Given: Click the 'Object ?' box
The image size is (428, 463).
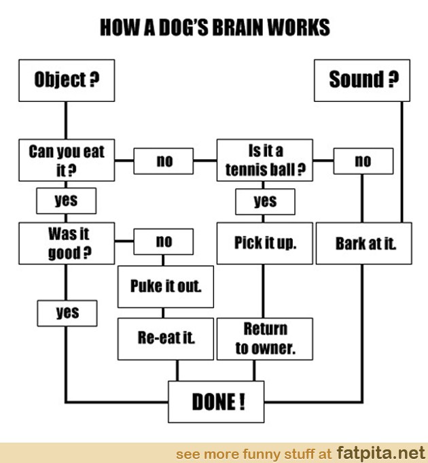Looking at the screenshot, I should pyautogui.click(x=66, y=80).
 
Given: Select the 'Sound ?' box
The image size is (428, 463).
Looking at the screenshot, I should pyautogui.click(x=363, y=80).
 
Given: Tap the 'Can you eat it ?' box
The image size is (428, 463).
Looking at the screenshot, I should pyautogui.click(x=66, y=160).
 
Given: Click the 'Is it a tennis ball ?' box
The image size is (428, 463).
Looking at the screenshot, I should pyautogui.click(x=264, y=160).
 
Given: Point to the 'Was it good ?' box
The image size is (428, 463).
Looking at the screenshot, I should pyautogui.click(x=66, y=243).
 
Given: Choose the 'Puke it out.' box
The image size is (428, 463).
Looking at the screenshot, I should pyautogui.click(x=165, y=286).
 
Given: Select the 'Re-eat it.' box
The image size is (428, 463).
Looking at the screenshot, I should pyautogui.click(x=165, y=338).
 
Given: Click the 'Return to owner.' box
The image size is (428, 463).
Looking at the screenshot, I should pyautogui.click(x=264, y=338).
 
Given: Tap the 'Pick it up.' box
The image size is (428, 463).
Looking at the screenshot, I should pyautogui.click(x=264, y=243).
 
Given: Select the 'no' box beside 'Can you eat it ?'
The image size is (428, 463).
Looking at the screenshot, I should pyautogui.click(x=164, y=161).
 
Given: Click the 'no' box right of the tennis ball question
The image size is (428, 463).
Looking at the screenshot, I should pyautogui.click(x=363, y=161).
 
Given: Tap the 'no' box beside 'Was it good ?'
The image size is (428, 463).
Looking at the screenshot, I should pyautogui.click(x=164, y=241).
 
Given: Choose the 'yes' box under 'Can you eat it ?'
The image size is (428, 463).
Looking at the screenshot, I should pyautogui.click(x=66, y=201).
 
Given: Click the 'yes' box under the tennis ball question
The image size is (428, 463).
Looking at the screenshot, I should pyautogui.click(x=265, y=201).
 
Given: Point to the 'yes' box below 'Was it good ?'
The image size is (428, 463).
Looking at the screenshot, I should pyautogui.click(x=67, y=313).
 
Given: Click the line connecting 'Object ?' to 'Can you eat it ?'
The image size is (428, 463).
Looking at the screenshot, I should pyautogui.click(x=66, y=120).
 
